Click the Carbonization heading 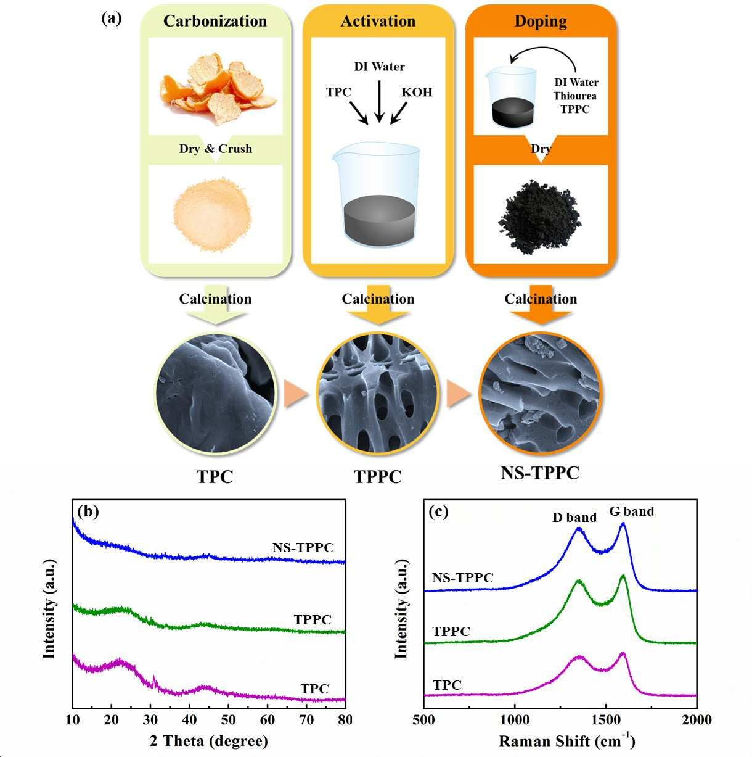pos(215,21)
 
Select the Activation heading pos(378,21)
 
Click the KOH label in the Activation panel pos(417,93)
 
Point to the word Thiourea pos(575,96)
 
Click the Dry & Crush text pos(216,149)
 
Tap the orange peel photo pos(218,89)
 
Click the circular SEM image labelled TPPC pos(378,393)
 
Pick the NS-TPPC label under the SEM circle pos(540,473)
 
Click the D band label pos(574,518)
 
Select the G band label pos(632,511)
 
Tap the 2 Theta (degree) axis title pos(209,741)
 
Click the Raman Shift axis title pos(566,740)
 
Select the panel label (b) pos(88,511)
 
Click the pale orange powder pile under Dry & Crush pos(212,215)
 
